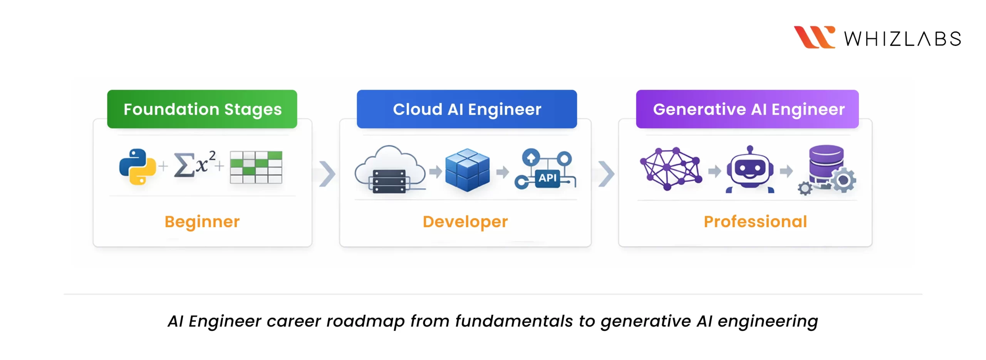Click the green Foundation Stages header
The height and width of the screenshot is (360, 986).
(x=202, y=109)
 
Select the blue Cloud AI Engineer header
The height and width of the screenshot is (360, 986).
(x=466, y=109)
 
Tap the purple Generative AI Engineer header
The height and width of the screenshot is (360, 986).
(x=747, y=109)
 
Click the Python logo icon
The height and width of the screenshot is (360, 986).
(x=137, y=167)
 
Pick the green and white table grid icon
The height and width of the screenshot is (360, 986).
(x=256, y=167)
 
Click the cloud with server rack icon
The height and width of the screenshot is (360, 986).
(x=389, y=170)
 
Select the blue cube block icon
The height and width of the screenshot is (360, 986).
(x=467, y=170)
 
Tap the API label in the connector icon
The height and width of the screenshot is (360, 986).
(x=547, y=178)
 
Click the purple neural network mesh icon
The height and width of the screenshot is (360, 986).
(x=671, y=169)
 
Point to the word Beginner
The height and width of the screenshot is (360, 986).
(x=202, y=222)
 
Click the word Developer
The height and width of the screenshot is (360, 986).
(x=465, y=222)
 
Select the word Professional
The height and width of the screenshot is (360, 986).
(x=755, y=222)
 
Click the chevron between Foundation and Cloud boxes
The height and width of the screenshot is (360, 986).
(x=327, y=174)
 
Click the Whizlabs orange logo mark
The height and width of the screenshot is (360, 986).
(x=814, y=37)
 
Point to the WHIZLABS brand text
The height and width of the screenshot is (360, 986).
(x=902, y=39)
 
